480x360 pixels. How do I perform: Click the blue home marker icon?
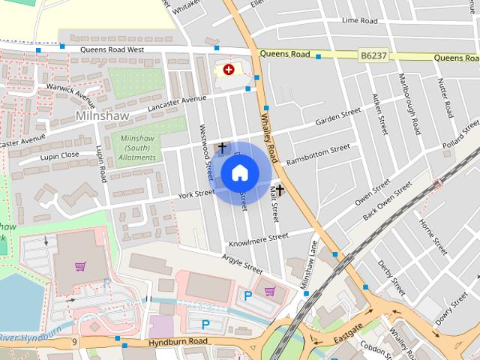(240, 173)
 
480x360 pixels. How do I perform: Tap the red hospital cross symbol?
(229, 69)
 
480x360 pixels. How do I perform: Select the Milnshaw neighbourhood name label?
(103, 116)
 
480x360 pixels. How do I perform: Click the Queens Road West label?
(112, 49)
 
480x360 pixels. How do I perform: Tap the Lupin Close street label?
(61, 155)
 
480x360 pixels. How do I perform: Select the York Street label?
(196, 195)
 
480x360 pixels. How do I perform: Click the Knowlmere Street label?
(258, 240)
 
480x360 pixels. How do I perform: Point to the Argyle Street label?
(242, 263)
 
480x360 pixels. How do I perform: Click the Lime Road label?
(359, 21)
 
